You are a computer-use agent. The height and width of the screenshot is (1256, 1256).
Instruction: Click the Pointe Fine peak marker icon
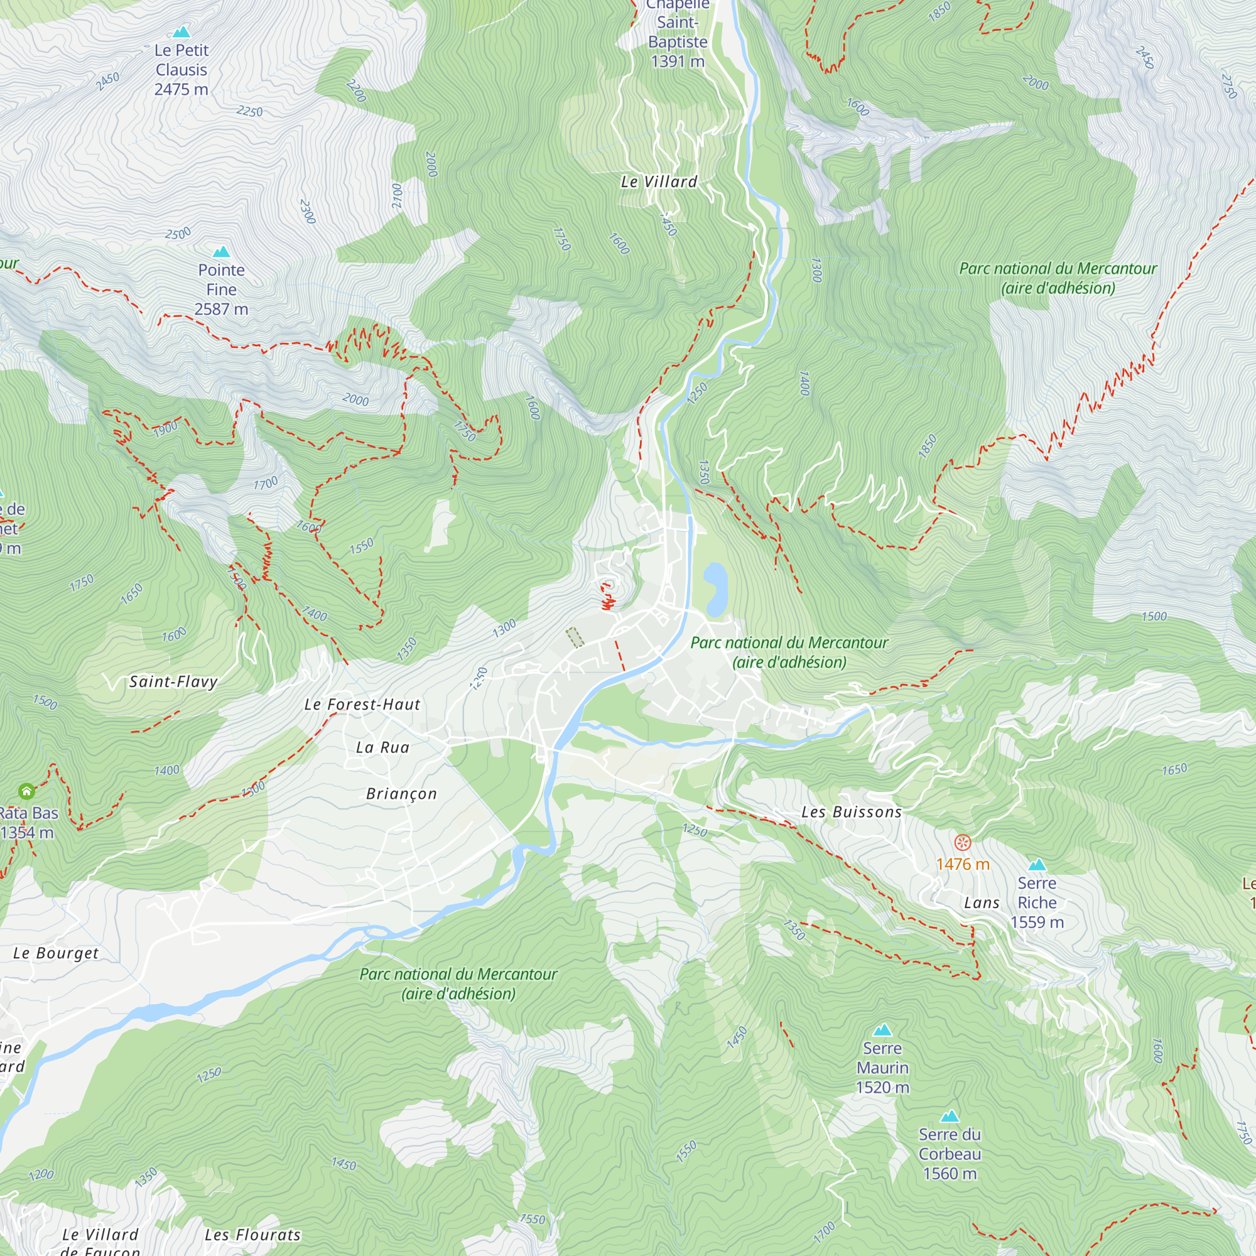tap(221, 252)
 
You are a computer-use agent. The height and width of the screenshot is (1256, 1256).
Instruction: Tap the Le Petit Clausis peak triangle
tap(181, 31)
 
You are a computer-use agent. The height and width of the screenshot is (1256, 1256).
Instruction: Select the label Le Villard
tap(659, 182)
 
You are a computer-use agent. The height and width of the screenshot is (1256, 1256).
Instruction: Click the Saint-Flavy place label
tap(173, 681)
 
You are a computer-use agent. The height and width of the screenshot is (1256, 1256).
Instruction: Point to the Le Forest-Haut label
tap(362, 704)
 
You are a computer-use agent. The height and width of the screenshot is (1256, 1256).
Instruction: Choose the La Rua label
tap(382, 747)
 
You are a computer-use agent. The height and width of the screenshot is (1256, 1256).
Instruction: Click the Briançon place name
tap(401, 794)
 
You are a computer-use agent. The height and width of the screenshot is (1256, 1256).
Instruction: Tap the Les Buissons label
tap(851, 812)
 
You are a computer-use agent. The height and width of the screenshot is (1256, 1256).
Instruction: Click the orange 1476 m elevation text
tap(962, 864)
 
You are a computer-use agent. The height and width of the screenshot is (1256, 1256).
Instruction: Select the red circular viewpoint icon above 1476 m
tap(962, 843)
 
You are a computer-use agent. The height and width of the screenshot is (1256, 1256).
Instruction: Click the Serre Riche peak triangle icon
tap(1037, 865)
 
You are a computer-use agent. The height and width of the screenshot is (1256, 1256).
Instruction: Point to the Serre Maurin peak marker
tap(882, 1030)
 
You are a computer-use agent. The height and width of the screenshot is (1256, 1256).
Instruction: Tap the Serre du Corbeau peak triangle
tap(950, 1116)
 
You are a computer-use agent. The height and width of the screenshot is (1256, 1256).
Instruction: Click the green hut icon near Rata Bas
tap(26, 791)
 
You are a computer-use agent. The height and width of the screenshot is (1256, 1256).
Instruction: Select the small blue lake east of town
tap(715, 588)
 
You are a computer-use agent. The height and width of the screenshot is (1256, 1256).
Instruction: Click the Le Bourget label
tap(56, 953)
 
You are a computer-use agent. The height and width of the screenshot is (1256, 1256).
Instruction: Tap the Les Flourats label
tap(252, 1235)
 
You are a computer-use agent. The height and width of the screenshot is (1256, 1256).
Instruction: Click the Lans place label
tap(982, 902)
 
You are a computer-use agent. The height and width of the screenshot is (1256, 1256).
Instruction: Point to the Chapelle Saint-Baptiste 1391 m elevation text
tap(678, 62)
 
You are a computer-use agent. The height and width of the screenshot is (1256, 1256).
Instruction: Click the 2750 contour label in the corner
tap(1228, 86)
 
